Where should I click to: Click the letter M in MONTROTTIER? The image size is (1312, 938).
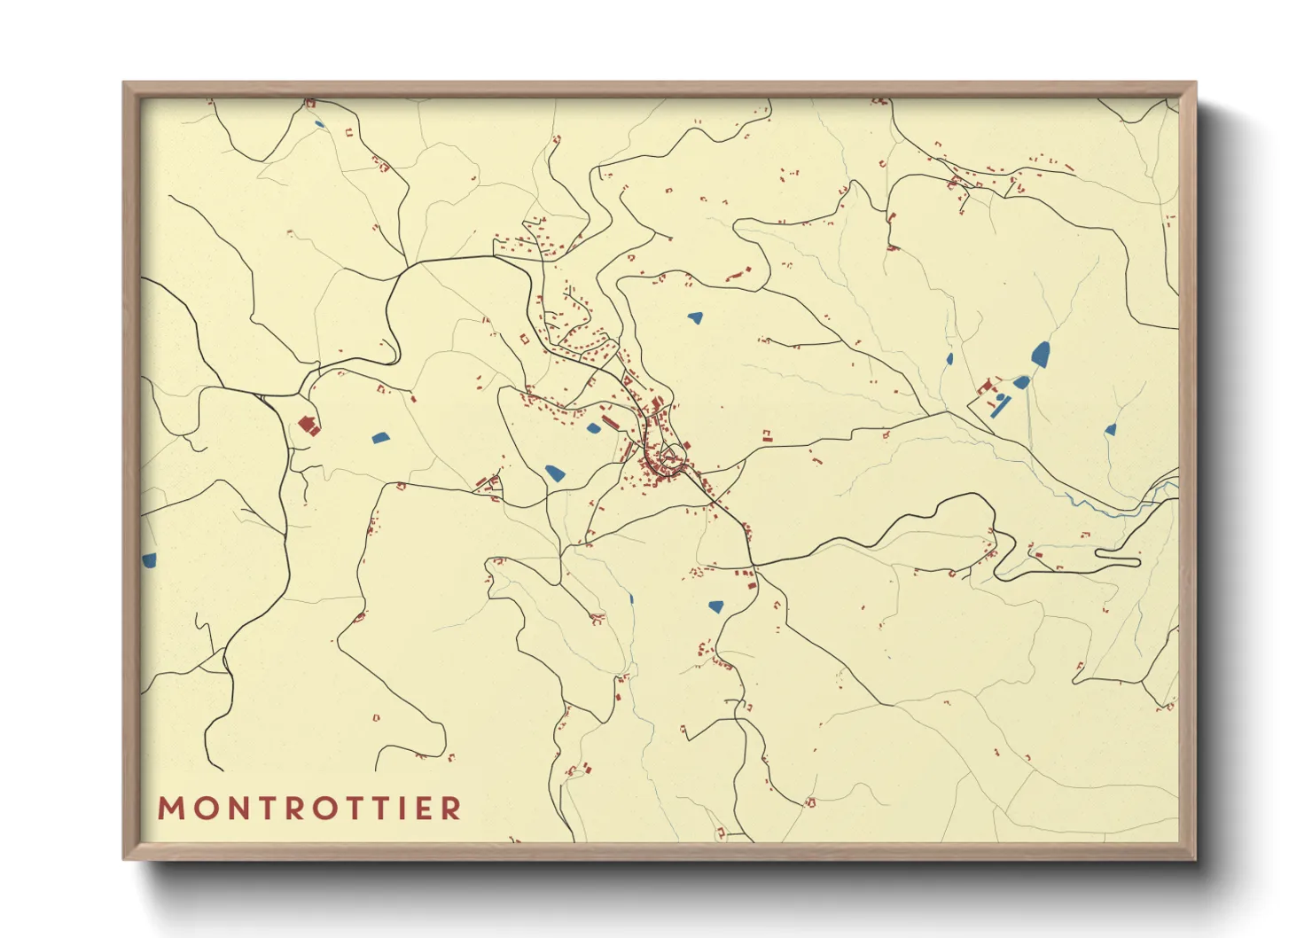169,809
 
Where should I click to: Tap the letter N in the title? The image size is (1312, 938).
233,809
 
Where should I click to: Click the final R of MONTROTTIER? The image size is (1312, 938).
452,809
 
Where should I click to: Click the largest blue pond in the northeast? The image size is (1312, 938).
1040,355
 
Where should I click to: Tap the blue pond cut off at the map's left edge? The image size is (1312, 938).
148,560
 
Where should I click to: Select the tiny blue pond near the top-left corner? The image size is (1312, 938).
319,124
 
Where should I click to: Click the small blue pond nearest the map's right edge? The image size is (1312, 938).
1110,430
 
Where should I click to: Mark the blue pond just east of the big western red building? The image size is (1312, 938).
380,437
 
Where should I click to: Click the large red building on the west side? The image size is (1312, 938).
308,426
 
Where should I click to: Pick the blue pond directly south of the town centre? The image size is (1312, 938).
715,607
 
